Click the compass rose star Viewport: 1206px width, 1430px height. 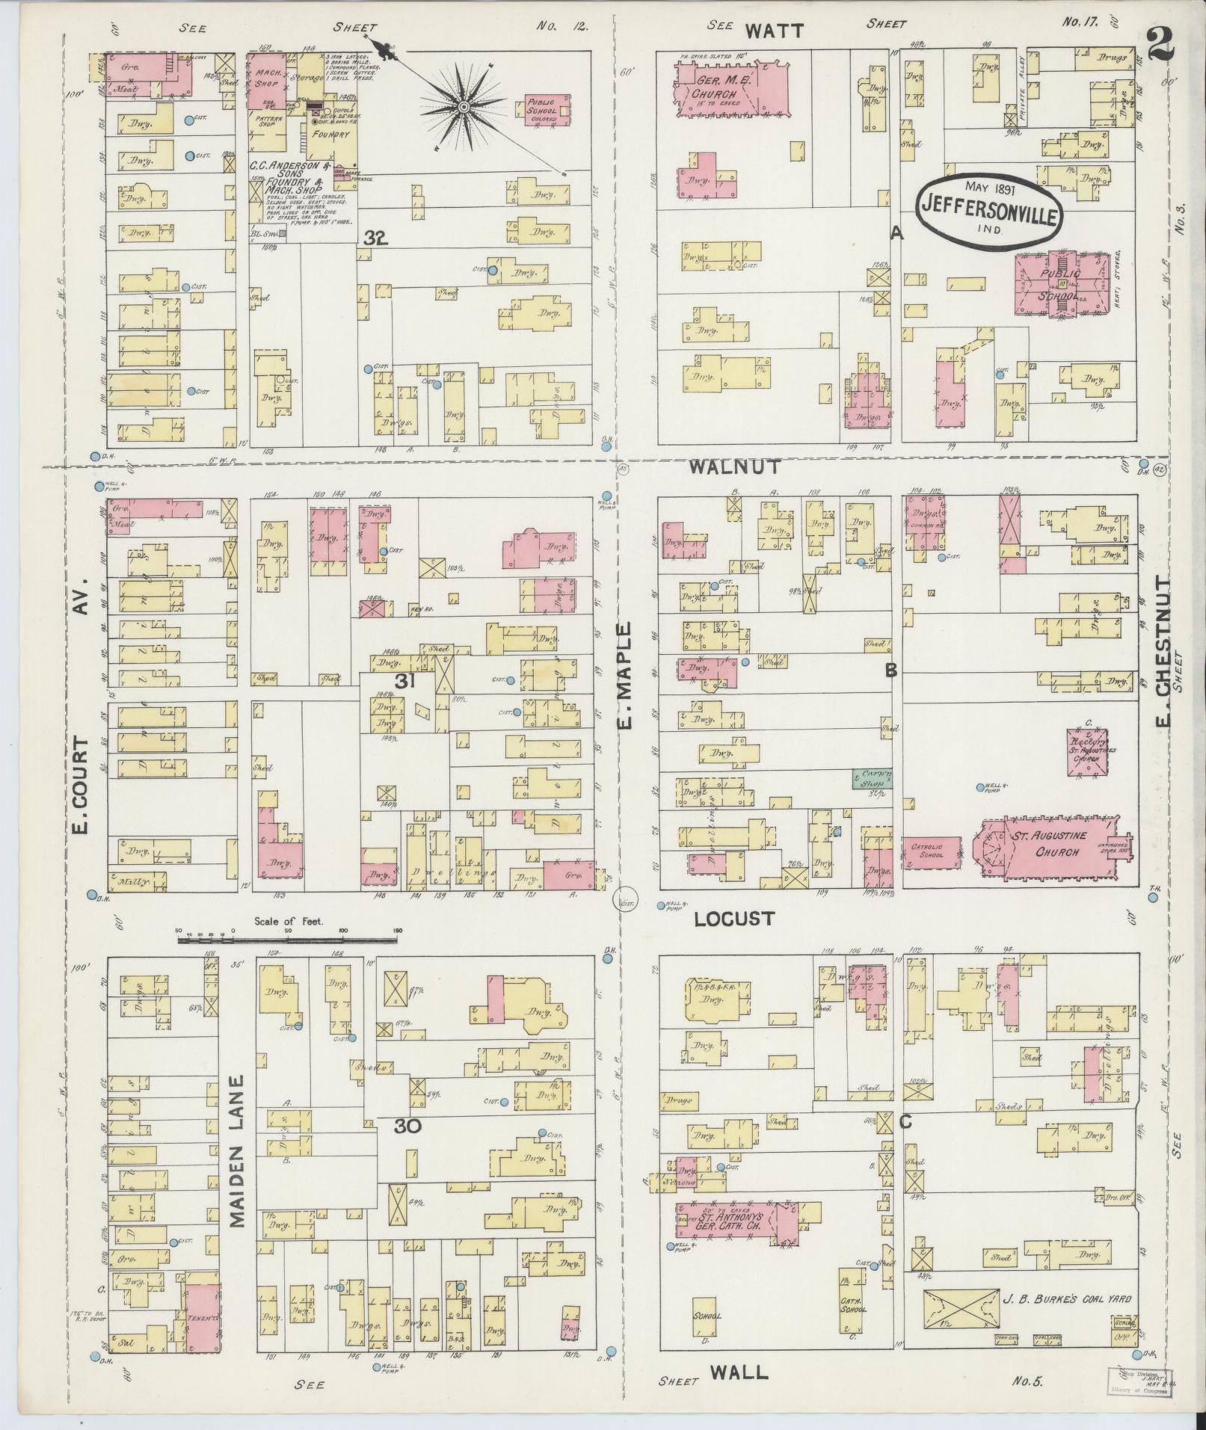[x=464, y=107]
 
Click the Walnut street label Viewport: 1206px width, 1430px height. [x=734, y=466]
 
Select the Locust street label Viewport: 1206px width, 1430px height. [x=733, y=919]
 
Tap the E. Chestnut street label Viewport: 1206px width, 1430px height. [x=1163, y=667]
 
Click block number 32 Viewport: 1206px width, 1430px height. [x=376, y=238]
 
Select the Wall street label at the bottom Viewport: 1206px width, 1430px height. [x=738, y=1371]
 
